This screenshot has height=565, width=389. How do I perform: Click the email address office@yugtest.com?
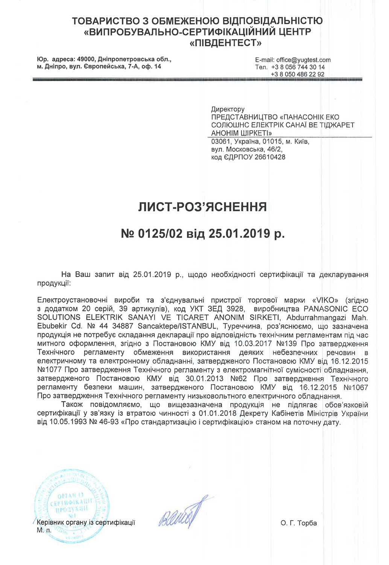tap(303, 60)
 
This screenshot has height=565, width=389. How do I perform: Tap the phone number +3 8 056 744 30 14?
tap(298, 67)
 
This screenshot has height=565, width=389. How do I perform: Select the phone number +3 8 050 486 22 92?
tap(298, 74)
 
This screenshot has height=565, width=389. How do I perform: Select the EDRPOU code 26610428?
tap(270, 157)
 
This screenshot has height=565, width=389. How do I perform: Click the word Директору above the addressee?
tap(228, 109)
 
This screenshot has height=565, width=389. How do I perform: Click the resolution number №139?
tap(287, 344)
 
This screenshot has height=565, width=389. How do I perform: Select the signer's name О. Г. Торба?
tap(299, 523)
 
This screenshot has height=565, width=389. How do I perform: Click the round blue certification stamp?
tap(71, 505)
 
